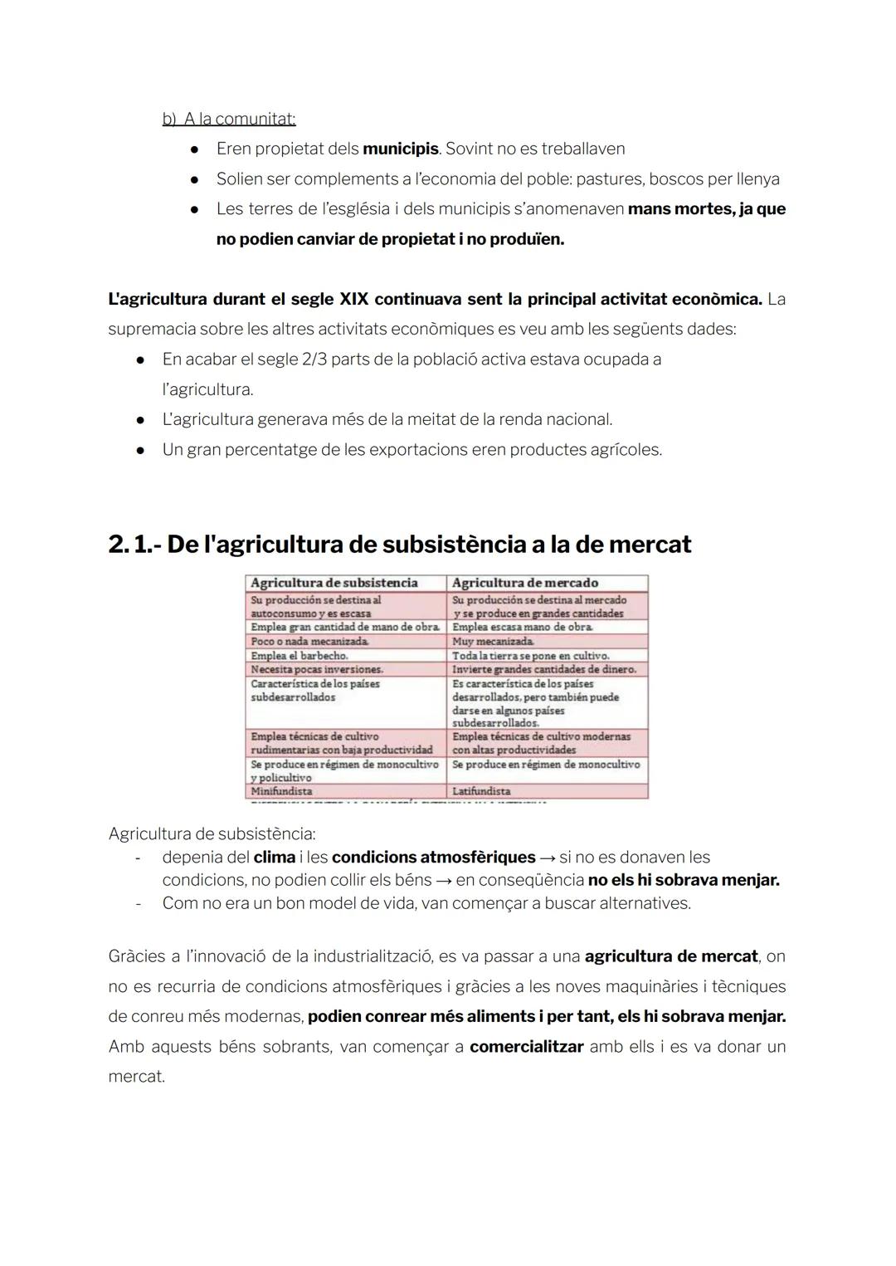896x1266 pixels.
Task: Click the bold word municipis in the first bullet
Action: pyautogui.click(x=401, y=149)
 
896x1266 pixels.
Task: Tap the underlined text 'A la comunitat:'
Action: pyautogui.click(x=239, y=120)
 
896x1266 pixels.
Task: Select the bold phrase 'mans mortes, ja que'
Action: pyautogui.click(x=707, y=209)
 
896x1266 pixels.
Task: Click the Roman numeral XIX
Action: pyautogui.click(x=354, y=299)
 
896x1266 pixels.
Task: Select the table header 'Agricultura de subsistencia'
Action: pyautogui.click(x=334, y=583)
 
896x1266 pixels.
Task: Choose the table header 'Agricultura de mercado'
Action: pyautogui.click(x=525, y=583)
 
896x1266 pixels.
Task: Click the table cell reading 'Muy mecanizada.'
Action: pyautogui.click(x=494, y=642)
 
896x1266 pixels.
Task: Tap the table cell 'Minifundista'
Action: pyautogui.click(x=282, y=791)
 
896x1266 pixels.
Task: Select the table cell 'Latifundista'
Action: pyautogui.click(x=481, y=791)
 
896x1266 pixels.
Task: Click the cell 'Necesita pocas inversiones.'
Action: pyautogui.click(x=317, y=669)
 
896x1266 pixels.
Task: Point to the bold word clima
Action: pyautogui.click(x=275, y=858)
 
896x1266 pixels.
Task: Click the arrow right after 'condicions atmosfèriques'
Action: pyautogui.click(x=548, y=858)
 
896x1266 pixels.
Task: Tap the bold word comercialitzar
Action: pyautogui.click(x=527, y=1047)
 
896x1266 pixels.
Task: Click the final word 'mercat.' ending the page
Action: pyautogui.click(x=137, y=1077)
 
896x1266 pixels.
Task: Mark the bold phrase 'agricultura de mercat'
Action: pyautogui.click(x=671, y=956)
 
